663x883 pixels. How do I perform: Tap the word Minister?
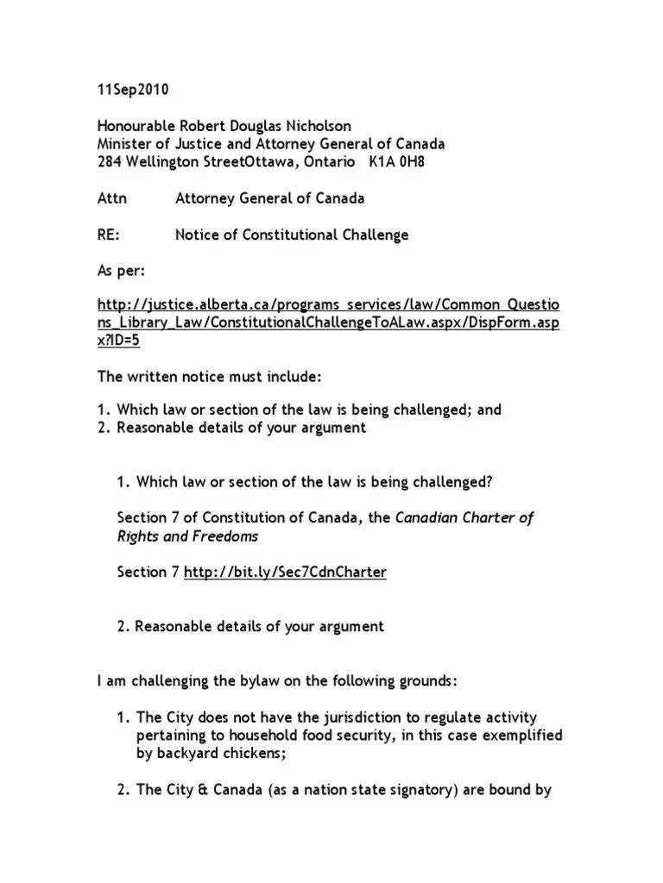point(126,144)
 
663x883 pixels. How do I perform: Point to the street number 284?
point(109,162)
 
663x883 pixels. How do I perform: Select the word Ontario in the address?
point(323,162)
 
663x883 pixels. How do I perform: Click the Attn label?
point(110,198)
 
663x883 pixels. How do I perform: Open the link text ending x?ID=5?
point(117,341)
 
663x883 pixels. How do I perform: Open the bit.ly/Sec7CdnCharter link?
point(285,572)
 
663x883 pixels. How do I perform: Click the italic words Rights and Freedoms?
point(187,535)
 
